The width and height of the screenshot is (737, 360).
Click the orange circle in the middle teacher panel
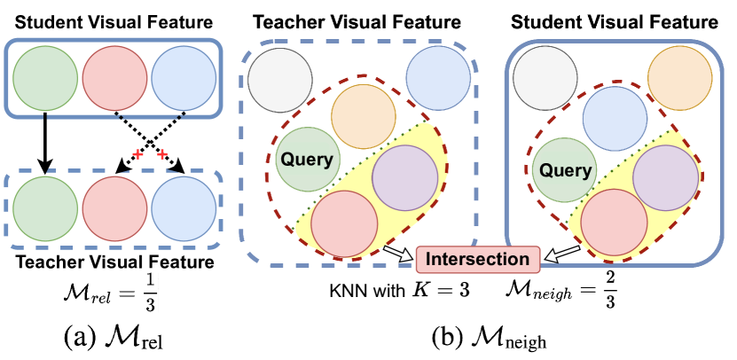pyautogui.click(x=362, y=116)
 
